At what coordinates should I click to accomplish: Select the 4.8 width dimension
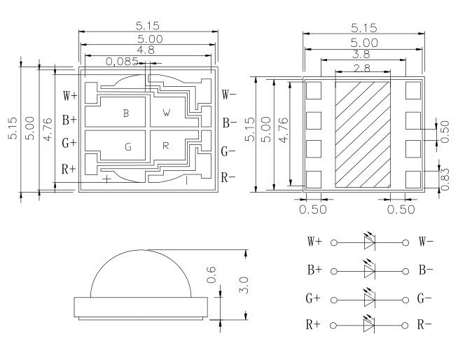146,50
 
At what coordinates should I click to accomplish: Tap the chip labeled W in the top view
167,112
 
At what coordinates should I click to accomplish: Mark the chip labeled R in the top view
166,146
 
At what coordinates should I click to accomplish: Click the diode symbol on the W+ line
370,242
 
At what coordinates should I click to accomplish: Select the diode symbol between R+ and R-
370,325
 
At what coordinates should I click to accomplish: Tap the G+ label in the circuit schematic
314,298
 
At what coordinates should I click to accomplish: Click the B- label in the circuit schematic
426,270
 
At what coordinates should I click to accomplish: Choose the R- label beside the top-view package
228,177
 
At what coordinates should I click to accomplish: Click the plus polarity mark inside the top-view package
106,179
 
